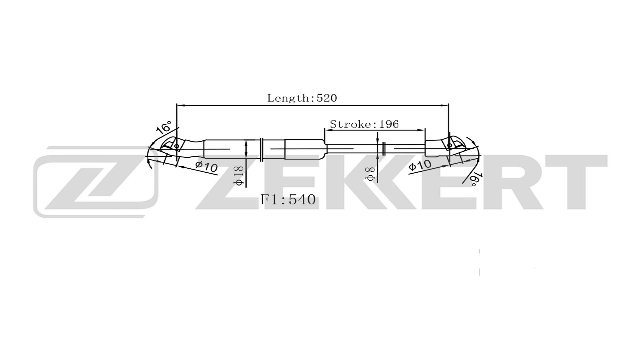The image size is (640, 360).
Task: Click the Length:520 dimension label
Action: tap(302, 98)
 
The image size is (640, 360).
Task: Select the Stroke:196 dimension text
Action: tap(364, 124)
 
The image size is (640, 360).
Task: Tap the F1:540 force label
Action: tap(288, 199)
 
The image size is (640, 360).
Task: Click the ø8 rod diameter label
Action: tap(370, 174)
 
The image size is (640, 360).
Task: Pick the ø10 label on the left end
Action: tap(206, 166)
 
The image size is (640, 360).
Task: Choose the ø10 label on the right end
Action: tap(420, 165)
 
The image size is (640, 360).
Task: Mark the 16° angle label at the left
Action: tap(164, 127)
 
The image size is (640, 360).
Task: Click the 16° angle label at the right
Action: tap(475, 179)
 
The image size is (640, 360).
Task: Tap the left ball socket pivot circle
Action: tap(177, 146)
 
